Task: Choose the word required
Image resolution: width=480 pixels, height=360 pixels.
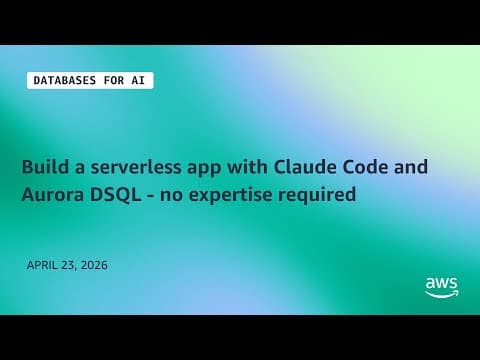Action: coord(319,197)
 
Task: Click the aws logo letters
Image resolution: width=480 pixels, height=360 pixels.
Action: coord(441,283)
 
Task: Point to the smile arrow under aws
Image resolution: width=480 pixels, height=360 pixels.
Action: coord(441,295)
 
